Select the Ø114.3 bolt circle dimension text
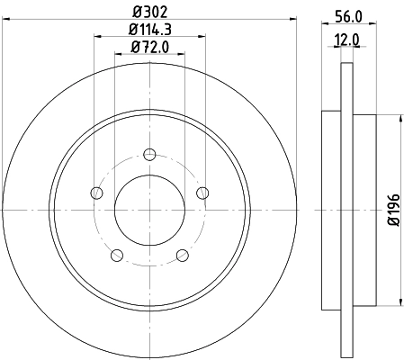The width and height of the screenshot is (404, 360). pos(149,31)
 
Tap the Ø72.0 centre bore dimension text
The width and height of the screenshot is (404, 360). pos(149,49)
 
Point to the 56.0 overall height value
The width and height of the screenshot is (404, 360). pos(346,16)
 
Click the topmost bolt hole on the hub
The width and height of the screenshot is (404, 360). pos(149,153)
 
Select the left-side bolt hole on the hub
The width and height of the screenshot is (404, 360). pos(96,191)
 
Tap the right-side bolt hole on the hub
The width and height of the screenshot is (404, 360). pos(202,191)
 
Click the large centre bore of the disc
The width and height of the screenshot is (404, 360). pos(149,209)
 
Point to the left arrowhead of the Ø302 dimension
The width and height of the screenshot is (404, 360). pos(5,24)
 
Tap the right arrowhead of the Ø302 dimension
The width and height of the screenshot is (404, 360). pos(293,24)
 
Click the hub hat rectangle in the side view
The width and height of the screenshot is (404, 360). pos(364,209)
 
